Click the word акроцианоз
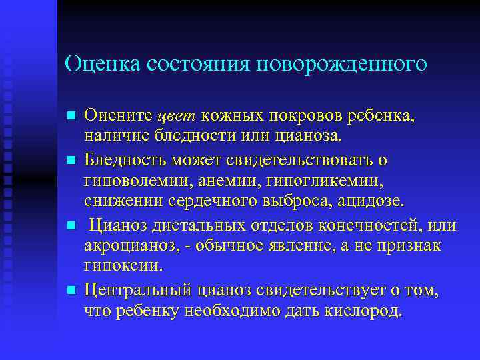click(127, 246)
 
